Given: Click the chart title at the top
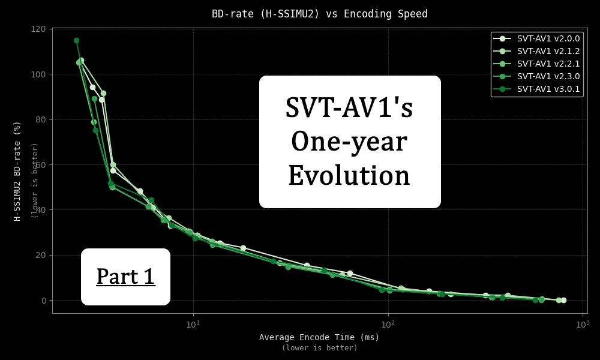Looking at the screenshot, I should (x=319, y=14).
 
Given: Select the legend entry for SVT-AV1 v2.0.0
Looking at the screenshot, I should (x=548, y=38).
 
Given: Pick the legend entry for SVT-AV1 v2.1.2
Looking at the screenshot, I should (x=548, y=51).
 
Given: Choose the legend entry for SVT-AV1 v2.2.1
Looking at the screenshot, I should (x=548, y=64).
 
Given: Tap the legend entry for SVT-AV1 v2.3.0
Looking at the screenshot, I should (x=548, y=76).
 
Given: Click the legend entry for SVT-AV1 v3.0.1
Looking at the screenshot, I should (x=548, y=89).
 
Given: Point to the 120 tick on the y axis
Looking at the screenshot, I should (x=38, y=29).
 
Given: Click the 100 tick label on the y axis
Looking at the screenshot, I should (x=38, y=74).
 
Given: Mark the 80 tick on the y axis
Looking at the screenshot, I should (x=41, y=119).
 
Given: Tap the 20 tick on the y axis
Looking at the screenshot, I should (x=41, y=255).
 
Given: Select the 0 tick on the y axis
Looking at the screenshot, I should (x=43, y=300).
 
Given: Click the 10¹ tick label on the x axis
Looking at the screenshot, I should (x=193, y=324).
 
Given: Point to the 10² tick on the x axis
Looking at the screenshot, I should (x=388, y=324).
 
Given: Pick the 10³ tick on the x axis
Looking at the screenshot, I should (x=583, y=324).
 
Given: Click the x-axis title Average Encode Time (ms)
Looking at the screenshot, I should (x=319, y=337).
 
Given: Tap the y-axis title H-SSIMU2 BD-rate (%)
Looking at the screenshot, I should (x=17, y=171).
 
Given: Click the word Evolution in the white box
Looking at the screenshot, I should (x=349, y=176).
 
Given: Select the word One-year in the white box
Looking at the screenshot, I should (x=349, y=142).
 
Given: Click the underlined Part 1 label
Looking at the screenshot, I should (x=125, y=277).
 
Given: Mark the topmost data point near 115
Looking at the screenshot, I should (x=76, y=41).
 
